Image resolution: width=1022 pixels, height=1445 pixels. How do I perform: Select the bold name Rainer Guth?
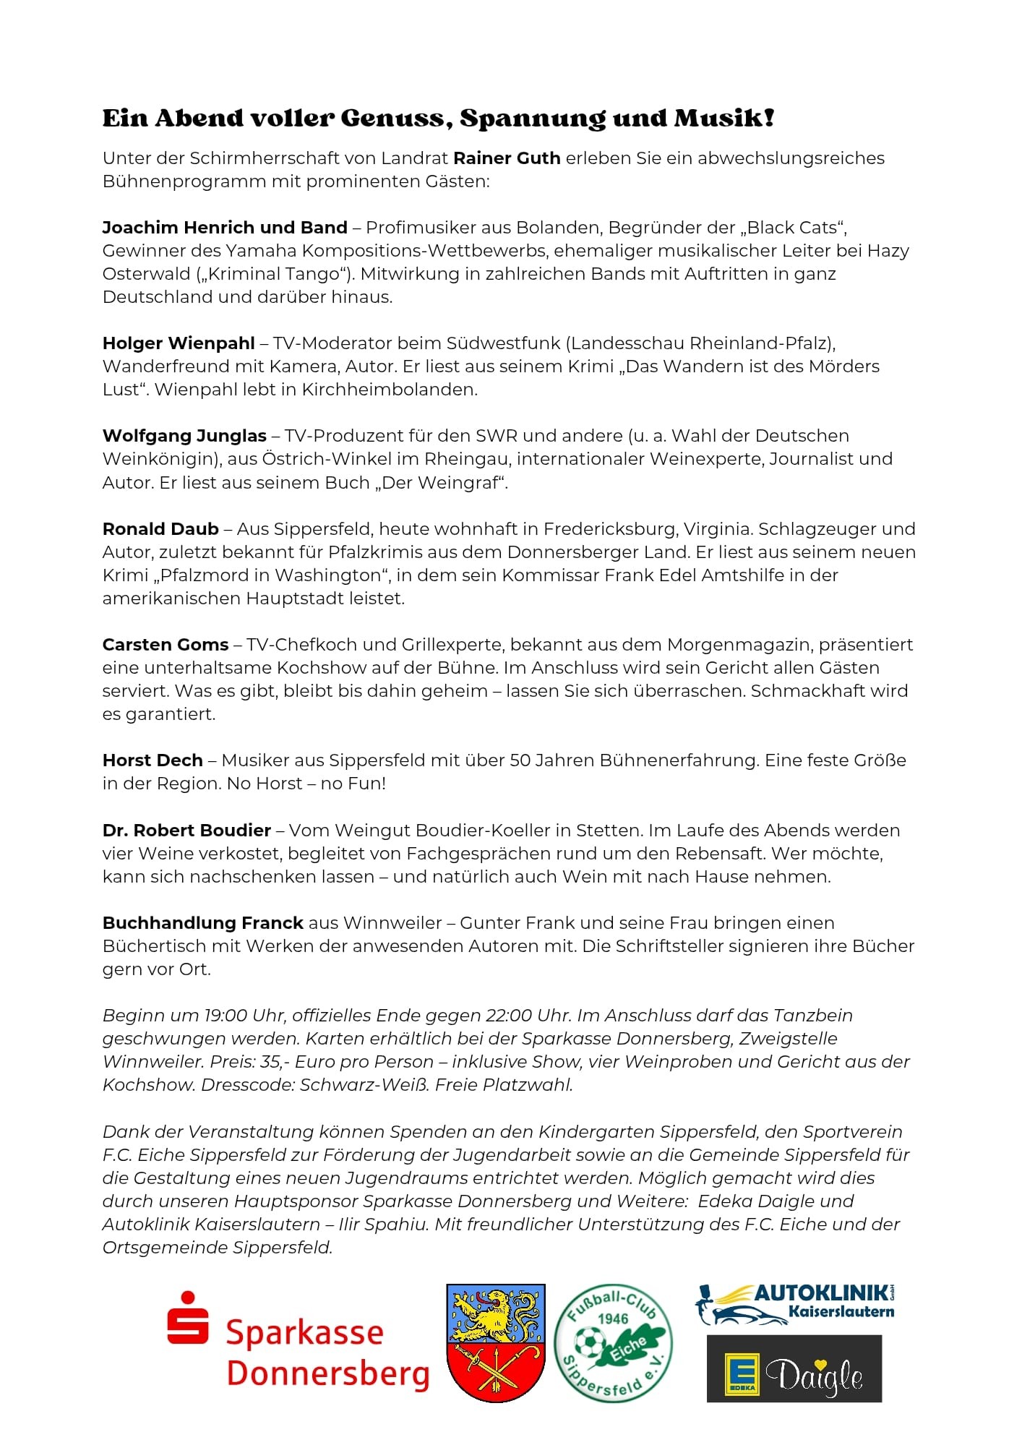click(x=507, y=158)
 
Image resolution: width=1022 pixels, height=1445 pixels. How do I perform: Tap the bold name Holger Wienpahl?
click(x=179, y=343)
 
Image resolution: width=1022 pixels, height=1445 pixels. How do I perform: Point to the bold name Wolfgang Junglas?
click(x=184, y=436)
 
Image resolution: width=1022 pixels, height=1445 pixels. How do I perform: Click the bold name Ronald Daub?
click(x=160, y=529)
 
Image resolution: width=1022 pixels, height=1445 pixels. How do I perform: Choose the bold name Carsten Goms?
click(x=166, y=645)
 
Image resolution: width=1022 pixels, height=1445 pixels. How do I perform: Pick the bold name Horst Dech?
click(x=153, y=760)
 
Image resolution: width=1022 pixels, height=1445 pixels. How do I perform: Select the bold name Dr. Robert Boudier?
click(x=186, y=831)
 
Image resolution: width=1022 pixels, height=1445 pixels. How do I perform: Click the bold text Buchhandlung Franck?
click(x=202, y=923)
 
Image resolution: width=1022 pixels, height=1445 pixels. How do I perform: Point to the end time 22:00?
click(x=508, y=1016)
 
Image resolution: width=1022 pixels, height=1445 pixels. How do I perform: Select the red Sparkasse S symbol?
click(x=188, y=1318)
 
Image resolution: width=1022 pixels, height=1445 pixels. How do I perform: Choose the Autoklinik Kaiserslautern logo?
click(x=795, y=1303)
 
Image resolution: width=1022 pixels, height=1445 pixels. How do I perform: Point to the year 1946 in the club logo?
click(x=612, y=1318)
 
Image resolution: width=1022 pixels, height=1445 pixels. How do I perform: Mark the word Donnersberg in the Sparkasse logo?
click(x=328, y=1374)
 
